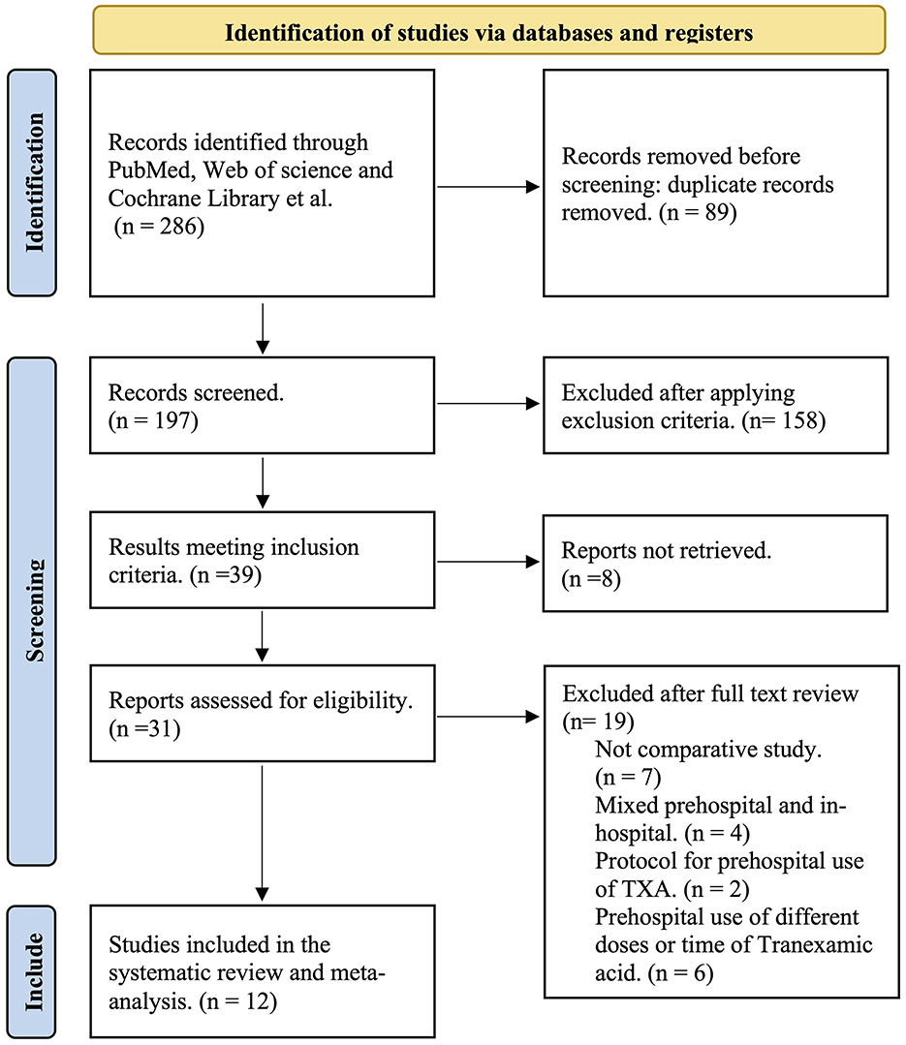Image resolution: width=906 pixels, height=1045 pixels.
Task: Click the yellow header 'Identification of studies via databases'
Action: coord(488,32)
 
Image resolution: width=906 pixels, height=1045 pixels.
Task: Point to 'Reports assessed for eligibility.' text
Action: coord(261,699)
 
